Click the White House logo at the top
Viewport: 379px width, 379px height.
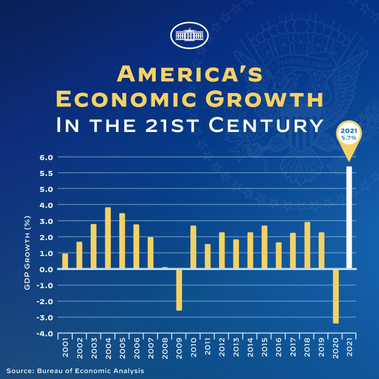click(189, 35)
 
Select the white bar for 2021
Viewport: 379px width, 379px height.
click(349, 218)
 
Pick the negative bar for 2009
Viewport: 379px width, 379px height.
click(179, 290)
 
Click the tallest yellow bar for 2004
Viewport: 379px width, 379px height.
click(108, 238)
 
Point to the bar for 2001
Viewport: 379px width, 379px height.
click(65, 261)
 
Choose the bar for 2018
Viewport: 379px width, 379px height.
click(307, 245)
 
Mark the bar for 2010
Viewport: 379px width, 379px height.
click(193, 247)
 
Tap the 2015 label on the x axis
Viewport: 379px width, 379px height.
click(264, 352)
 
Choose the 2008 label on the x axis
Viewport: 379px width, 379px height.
click(165, 352)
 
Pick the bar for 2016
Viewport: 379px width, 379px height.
click(278, 256)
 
